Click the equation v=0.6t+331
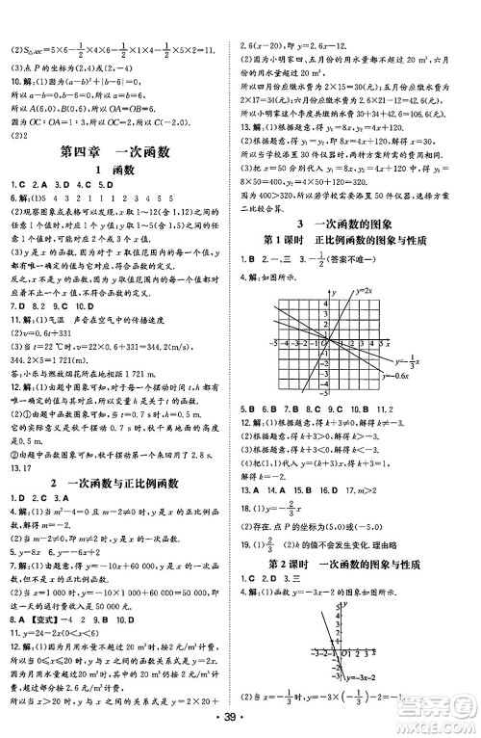pyautogui.click(x=52, y=320)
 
